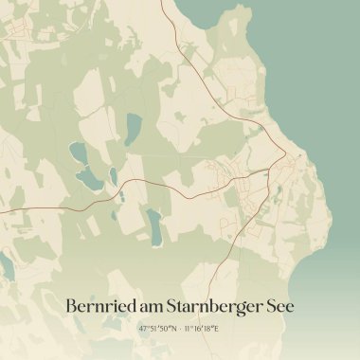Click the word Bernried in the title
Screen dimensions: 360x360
point(99,306)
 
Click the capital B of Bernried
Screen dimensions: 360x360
point(71,306)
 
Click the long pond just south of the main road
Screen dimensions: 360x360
point(153,225)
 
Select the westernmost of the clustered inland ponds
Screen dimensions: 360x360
point(75,152)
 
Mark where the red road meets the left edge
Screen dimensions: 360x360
point(2,212)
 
